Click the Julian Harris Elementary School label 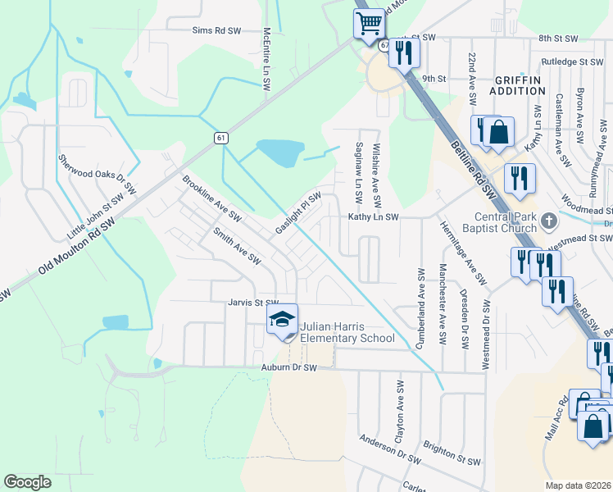(x=347, y=332)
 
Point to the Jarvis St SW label (x=253, y=303)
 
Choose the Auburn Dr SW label (x=288, y=369)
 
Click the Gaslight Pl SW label (x=297, y=213)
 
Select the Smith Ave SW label (x=237, y=246)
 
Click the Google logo (x=27, y=482)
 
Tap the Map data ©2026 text (x=579, y=485)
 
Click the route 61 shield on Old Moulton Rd (x=221, y=138)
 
